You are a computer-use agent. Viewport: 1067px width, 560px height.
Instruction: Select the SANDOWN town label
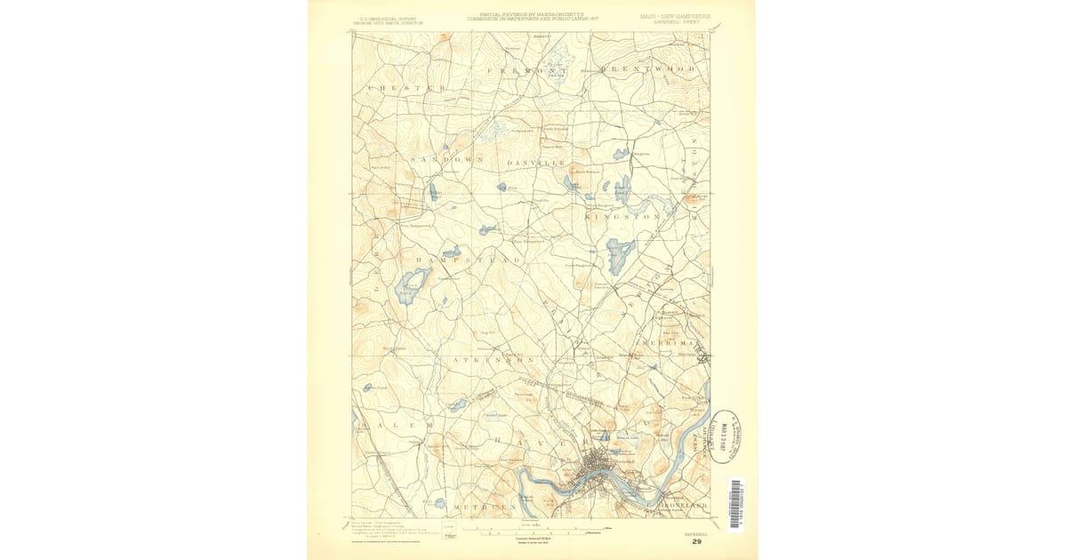(446, 159)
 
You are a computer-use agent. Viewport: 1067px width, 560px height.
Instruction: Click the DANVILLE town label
(536, 164)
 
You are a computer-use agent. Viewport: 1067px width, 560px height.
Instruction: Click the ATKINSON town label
(492, 361)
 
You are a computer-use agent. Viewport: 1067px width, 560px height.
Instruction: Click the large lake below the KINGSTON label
(620, 253)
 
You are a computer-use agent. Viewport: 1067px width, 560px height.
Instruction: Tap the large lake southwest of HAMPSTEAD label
(412, 286)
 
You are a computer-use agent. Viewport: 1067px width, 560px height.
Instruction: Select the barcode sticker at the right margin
(734, 504)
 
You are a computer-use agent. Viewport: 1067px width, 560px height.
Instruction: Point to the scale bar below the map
(533, 530)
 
